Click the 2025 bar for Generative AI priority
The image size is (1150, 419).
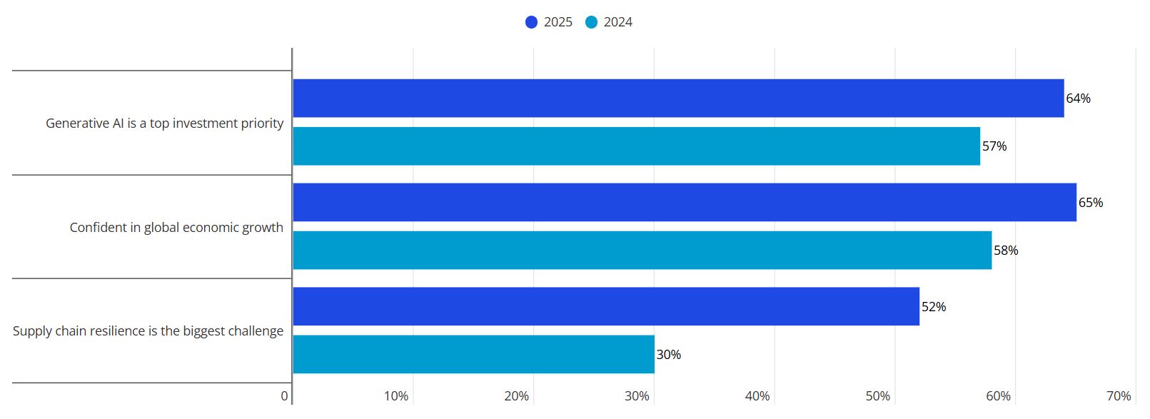tap(678, 98)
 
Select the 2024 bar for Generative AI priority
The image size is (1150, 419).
tap(636, 146)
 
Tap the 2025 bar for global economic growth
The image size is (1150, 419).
tap(684, 202)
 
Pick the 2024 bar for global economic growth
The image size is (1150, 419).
tap(642, 251)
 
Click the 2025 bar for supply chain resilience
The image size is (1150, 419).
tap(605, 306)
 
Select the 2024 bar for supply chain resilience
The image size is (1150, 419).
tap(473, 355)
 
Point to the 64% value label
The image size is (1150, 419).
tap(1078, 99)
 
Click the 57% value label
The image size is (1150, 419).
tap(994, 146)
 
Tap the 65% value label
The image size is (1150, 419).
tap(1091, 203)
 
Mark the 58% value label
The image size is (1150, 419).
tap(1006, 251)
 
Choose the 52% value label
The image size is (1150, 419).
tap(934, 307)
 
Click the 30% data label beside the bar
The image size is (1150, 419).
tap(669, 355)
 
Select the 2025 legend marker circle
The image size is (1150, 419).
tap(531, 22)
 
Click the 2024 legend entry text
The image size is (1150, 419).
tap(618, 22)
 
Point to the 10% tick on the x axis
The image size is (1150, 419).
tap(396, 396)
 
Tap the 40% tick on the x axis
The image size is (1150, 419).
tap(757, 396)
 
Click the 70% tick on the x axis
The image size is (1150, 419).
tap(1119, 396)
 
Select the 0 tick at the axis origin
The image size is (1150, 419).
tap(284, 396)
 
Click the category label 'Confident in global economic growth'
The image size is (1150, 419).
tap(176, 227)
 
